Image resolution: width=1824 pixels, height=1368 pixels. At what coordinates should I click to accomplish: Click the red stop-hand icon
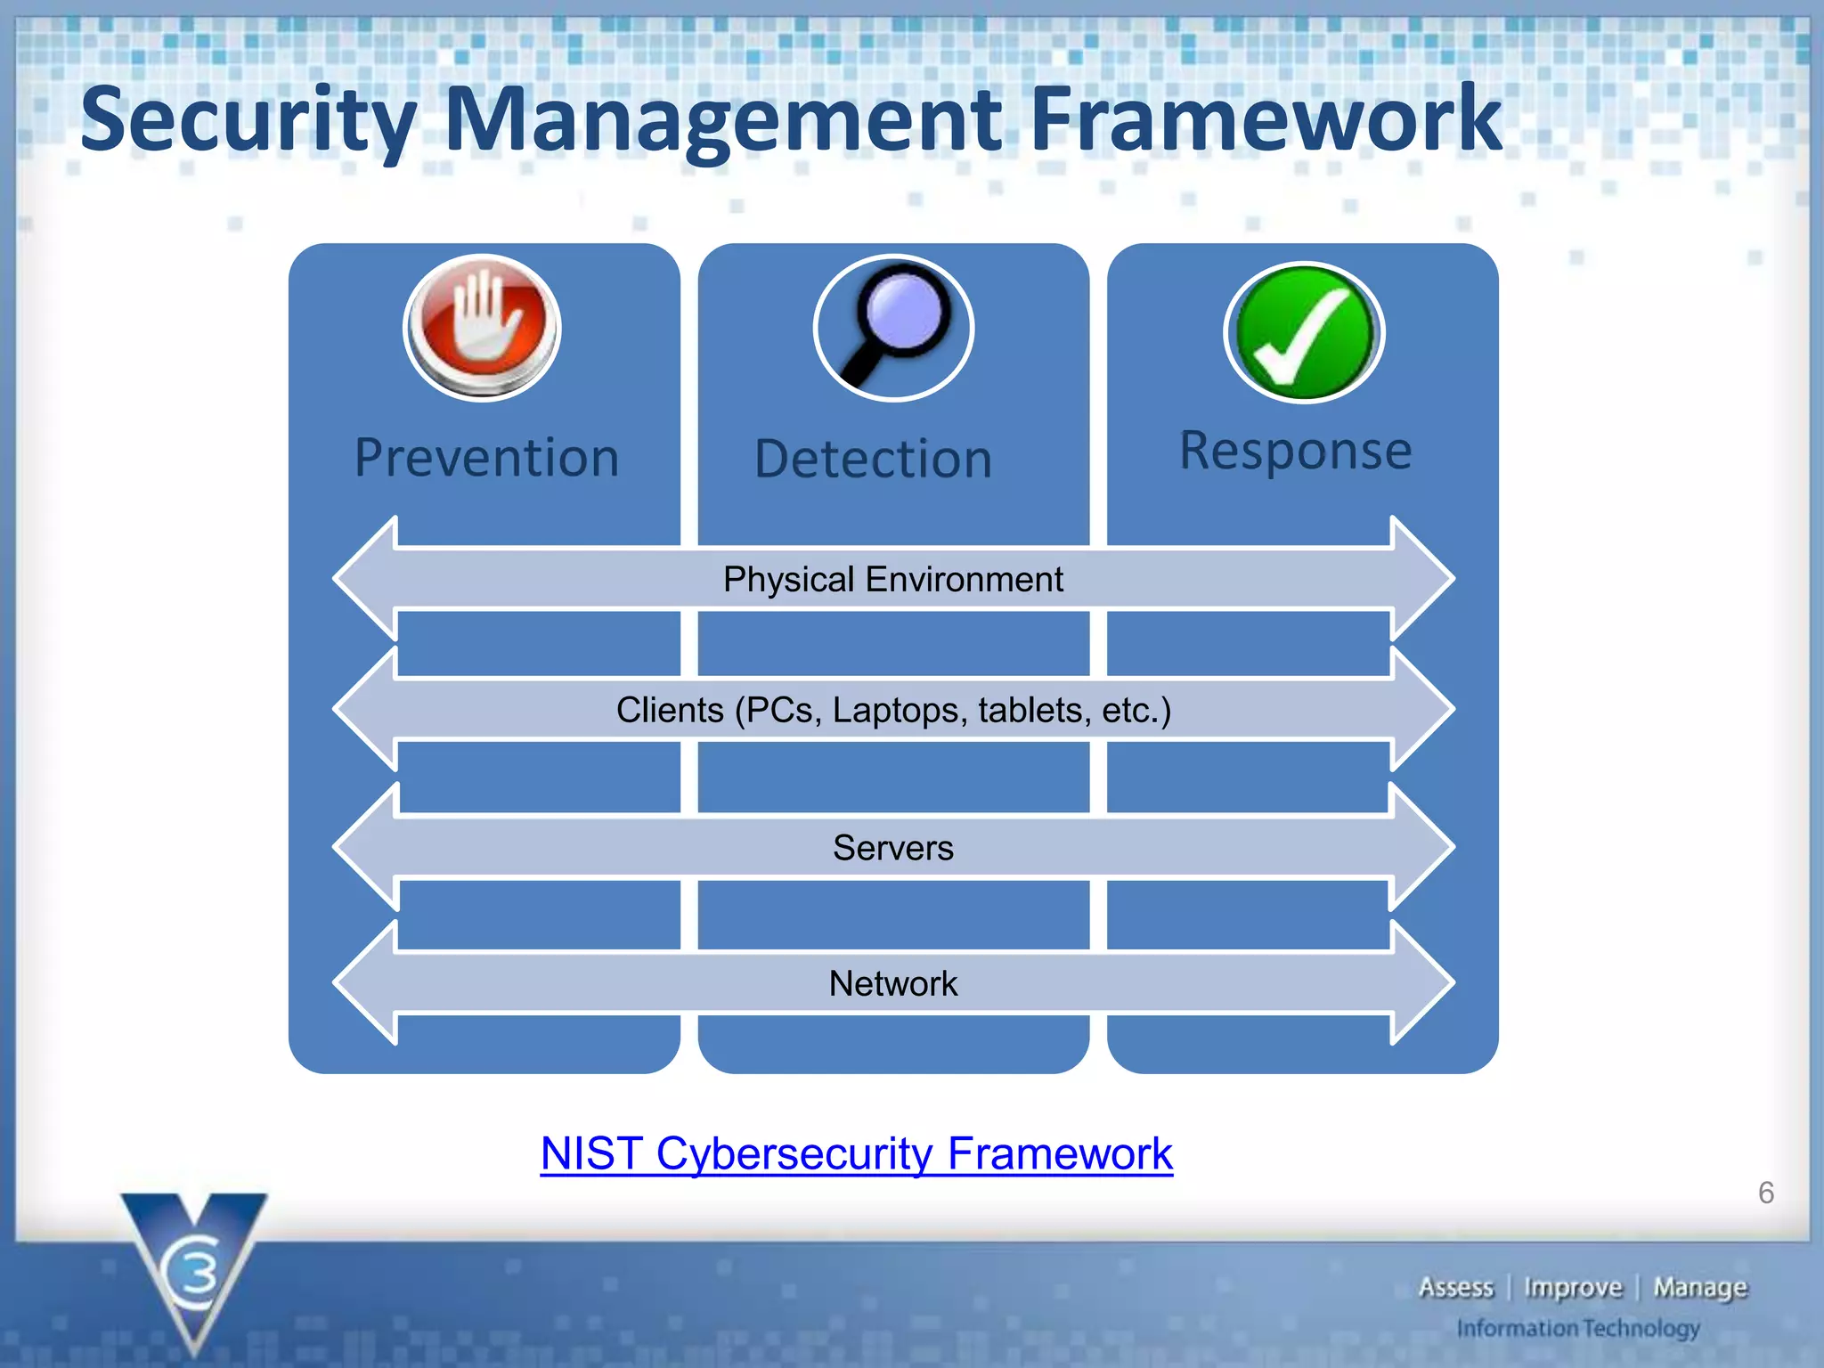(x=482, y=327)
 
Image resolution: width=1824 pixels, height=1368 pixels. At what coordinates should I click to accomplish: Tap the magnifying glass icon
(x=893, y=328)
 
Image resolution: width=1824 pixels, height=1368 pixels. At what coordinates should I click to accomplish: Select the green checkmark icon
(x=1303, y=332)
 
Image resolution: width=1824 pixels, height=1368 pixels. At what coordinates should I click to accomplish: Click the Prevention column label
(x=486, y=458)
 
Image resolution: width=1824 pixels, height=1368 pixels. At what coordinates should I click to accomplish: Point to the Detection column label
(x=873, y=460)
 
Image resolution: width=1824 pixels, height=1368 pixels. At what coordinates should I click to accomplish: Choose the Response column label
(x=1295, y=451)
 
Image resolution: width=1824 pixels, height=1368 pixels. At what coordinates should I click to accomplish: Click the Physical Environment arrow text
(x=892, y=580)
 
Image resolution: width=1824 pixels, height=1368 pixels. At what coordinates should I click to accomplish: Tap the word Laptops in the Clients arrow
(x=899, y=711)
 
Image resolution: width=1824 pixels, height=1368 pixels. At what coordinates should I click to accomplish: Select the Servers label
(x=892, y=848)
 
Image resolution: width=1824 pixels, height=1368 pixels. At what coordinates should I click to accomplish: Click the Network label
(x=892, y=984)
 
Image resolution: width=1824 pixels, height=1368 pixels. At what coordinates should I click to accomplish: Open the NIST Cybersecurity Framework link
(x=856, y=1154)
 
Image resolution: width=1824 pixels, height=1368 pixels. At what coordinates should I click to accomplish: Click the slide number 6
(x=1765, y=1193)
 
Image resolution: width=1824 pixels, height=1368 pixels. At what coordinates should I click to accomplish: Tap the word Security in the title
(x=248, y=120)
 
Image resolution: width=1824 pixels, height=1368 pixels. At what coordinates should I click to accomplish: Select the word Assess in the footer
(x=1455, y=1288)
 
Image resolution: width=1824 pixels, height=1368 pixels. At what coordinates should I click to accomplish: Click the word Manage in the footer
(x=1699, y=1288)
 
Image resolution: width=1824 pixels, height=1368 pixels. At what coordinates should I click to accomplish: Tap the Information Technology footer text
(x=1577, y=1329)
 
